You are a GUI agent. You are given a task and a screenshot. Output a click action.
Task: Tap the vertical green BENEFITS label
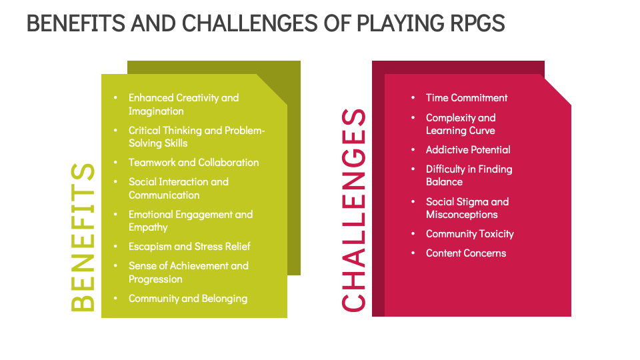tap(83, 237)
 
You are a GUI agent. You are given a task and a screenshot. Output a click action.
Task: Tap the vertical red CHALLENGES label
tap(353, 210)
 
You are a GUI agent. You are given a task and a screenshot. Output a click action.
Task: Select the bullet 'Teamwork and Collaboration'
tap(193, 162)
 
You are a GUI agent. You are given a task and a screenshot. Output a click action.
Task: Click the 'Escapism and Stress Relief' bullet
tap(189, 246)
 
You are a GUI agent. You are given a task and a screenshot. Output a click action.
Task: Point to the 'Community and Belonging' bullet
tap(187, 298)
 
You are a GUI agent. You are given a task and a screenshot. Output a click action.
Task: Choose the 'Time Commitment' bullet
tap(467, 97)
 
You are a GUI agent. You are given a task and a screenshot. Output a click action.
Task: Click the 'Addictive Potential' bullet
tap(468, 149)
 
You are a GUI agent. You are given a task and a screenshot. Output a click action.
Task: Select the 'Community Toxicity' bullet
tap(470, 233)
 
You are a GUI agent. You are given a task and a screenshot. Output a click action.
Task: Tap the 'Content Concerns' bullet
tap(466, 253)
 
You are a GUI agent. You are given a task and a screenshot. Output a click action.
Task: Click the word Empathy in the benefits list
tap(148, 227)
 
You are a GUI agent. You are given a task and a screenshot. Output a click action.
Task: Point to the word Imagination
tap(156, 111)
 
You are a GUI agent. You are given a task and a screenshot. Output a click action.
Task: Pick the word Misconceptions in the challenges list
tap(461, 214)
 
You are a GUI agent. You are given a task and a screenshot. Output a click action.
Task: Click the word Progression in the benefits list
tap(155, 279)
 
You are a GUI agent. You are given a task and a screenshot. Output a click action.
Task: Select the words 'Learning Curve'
tap(460, 130)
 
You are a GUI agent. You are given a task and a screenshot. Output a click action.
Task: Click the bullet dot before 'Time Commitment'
tap(413, 98)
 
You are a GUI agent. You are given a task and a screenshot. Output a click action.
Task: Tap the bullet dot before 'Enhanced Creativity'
tap(116, 98)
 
